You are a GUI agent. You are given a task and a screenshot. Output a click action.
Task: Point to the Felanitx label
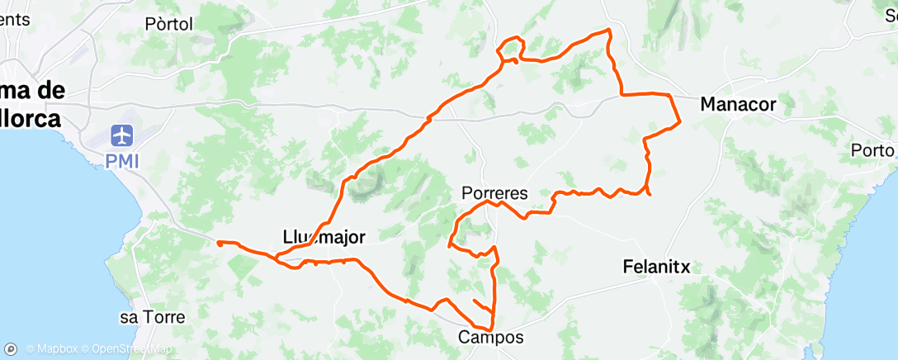coord(655,267)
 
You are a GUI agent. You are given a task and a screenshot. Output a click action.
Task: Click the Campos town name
coord(490,337)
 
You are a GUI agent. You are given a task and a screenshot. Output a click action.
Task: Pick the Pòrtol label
coord(168,25)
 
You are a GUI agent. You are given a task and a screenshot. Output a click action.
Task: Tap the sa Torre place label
coord(151,316)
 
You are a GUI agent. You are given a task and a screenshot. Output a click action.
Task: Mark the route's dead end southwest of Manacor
coord(651,195)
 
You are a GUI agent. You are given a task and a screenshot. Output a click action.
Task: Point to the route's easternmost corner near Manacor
coord(679,122)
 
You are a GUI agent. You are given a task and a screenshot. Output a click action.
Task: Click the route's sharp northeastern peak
coord(609,31)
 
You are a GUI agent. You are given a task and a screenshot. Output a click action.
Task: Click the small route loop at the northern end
coord(509,48)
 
